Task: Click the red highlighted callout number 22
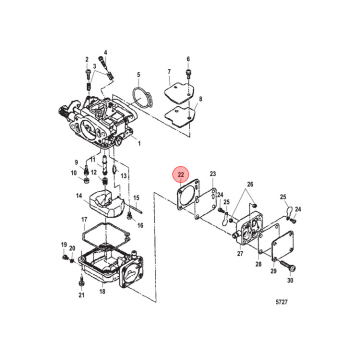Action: coord(180,175)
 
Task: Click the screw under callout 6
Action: coord(188,74)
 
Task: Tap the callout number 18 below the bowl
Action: coord(103,291)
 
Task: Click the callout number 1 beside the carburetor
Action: coord(138,143)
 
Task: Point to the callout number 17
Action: coord(84,219)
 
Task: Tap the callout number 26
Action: coord(249,184)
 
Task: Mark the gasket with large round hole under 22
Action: coord(185,198)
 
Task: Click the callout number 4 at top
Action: coord(105,52)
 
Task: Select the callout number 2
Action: coord(86,59)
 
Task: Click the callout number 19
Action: coord(63,244)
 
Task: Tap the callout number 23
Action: coord(212,173)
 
